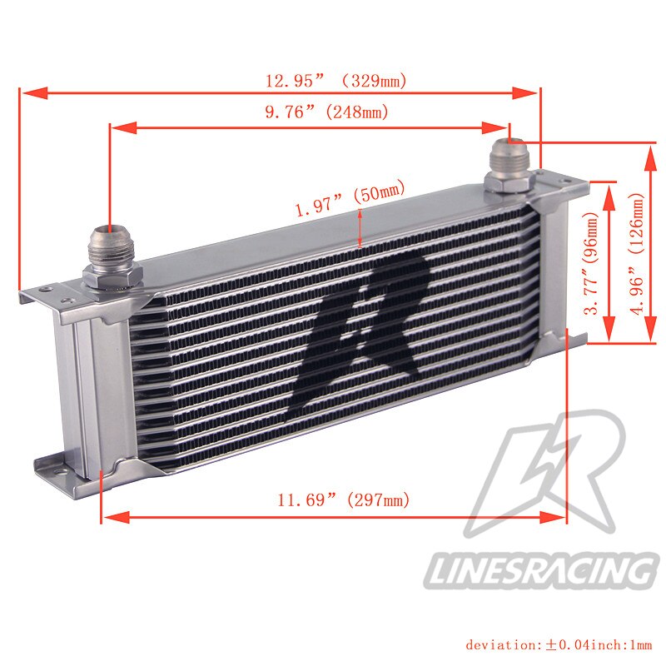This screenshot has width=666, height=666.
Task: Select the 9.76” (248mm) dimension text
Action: [x=327, y=112]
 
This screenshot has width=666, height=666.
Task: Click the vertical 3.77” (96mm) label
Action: [x=592, y=263]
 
